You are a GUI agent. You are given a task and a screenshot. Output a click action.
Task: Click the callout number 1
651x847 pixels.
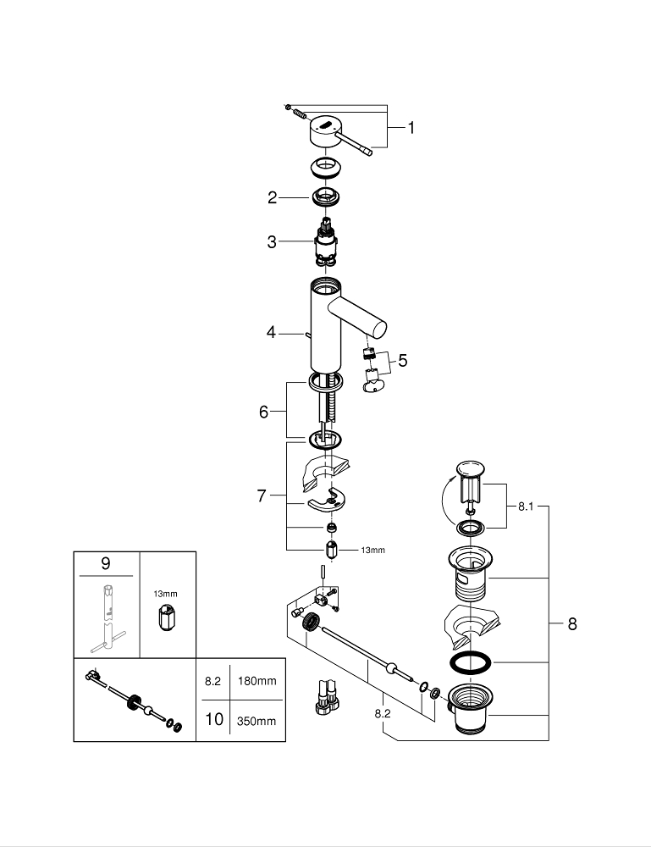pos(411,128)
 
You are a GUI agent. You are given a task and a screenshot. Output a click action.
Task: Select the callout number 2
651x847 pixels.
pos(272,197)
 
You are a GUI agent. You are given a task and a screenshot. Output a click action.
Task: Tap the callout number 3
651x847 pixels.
pos(272,242)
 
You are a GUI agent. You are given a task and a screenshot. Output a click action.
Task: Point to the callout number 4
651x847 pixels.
pos(271,333)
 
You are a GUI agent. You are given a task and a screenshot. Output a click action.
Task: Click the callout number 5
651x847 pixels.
pos(402,361)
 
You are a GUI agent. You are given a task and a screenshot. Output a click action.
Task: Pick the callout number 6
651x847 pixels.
pos(264,412)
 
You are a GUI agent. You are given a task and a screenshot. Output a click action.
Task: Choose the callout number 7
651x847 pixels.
pos(262,495)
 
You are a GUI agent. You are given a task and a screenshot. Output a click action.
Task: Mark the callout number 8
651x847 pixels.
pos(572,624)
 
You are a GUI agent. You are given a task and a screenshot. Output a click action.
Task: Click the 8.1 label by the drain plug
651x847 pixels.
pos(526,508)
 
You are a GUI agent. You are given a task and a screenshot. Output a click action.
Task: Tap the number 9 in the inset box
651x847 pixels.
pos(105,562)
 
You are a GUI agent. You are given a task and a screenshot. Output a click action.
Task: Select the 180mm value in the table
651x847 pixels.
pos(257,680)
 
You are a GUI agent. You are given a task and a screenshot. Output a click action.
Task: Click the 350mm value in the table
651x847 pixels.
pos(257,721)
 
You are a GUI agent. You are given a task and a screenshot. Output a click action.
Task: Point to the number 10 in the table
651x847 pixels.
pos(213,720)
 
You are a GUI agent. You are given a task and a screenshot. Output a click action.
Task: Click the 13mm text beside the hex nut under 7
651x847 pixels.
pos(372,551)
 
